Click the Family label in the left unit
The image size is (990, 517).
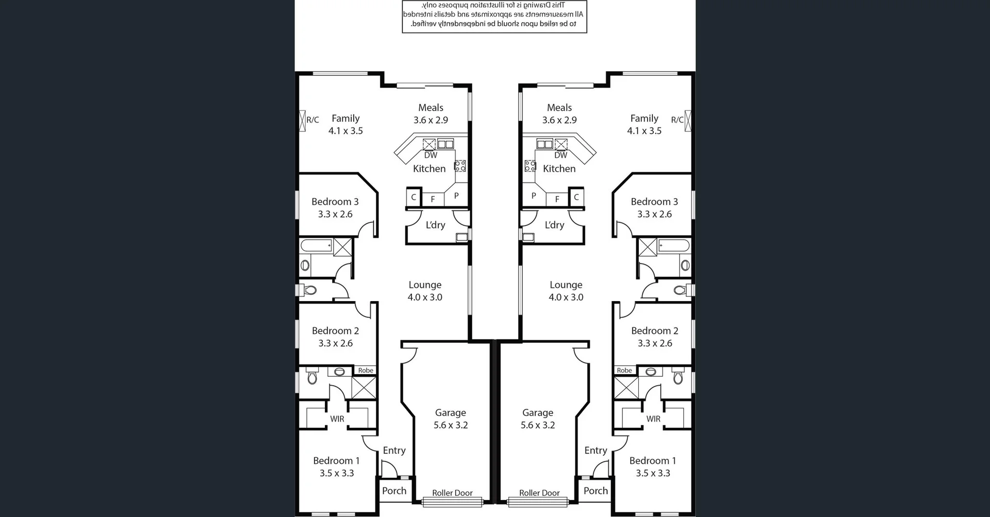tap(345, 119)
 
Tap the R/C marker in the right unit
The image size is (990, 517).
tap(677, 120)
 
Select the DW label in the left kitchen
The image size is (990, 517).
tap(431, 155)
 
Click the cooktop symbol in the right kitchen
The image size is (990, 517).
tap(530, 166)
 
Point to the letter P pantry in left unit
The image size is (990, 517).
tap(456, 196)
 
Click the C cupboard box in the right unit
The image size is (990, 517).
tap(576, 197)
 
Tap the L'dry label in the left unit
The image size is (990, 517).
tap(435, 225)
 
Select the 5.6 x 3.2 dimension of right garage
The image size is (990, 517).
tap(538, 425)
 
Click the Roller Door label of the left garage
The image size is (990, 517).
tap(452, 493)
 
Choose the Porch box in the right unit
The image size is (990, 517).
tap(596, 491)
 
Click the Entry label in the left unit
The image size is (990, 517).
tap(394, 451)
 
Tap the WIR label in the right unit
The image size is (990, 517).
tap(653, 419)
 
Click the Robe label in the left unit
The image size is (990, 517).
tap(366, 370)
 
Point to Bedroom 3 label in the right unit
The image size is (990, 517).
tap(654, 202)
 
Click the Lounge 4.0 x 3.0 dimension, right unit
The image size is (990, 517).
tap(566, 297)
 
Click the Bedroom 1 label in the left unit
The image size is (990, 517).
tap(336, 461)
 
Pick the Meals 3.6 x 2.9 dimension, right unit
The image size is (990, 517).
tap(559, 120)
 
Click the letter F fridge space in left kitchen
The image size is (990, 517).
tap(433, 199)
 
